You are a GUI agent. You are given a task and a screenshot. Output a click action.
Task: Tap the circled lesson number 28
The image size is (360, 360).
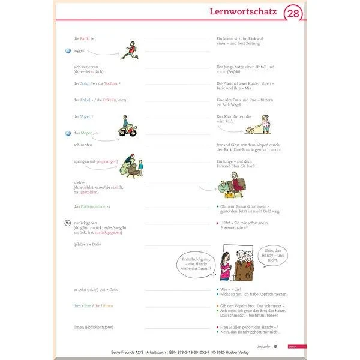292,13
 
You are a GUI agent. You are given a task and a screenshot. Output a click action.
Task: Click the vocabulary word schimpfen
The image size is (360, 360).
85,145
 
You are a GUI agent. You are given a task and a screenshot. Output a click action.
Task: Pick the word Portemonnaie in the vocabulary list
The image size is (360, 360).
93,207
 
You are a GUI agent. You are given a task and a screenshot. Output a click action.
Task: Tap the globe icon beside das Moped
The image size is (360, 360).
68,133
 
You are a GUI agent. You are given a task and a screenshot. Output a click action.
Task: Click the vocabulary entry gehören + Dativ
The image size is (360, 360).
88,245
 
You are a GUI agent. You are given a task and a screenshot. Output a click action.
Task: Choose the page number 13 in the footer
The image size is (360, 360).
275,346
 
